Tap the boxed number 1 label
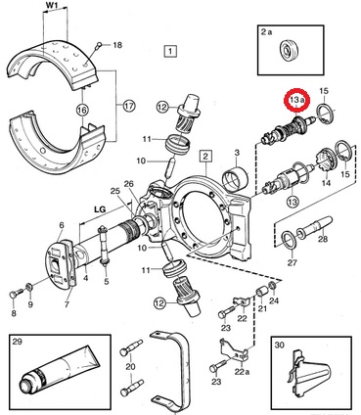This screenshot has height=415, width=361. point(170,51)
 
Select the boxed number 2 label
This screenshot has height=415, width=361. point(205,157)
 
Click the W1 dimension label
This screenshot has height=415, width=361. point(55,6)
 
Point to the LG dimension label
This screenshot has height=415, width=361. point(100,209)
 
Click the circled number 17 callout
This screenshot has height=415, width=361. point(129,106)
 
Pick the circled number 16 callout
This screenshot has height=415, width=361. point(82,110)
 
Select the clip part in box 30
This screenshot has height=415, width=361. point(308,375)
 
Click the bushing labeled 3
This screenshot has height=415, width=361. point(235,179)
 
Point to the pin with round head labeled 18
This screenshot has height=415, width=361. point(98,46)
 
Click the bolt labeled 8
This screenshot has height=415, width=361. point(15,293)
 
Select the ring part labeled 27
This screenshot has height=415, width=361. point(288,240)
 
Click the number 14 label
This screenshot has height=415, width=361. point(326,183)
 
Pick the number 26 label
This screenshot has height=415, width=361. point(129,184)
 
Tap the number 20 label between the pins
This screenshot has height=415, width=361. point(130,366)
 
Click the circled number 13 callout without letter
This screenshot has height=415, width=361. point(293,202)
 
